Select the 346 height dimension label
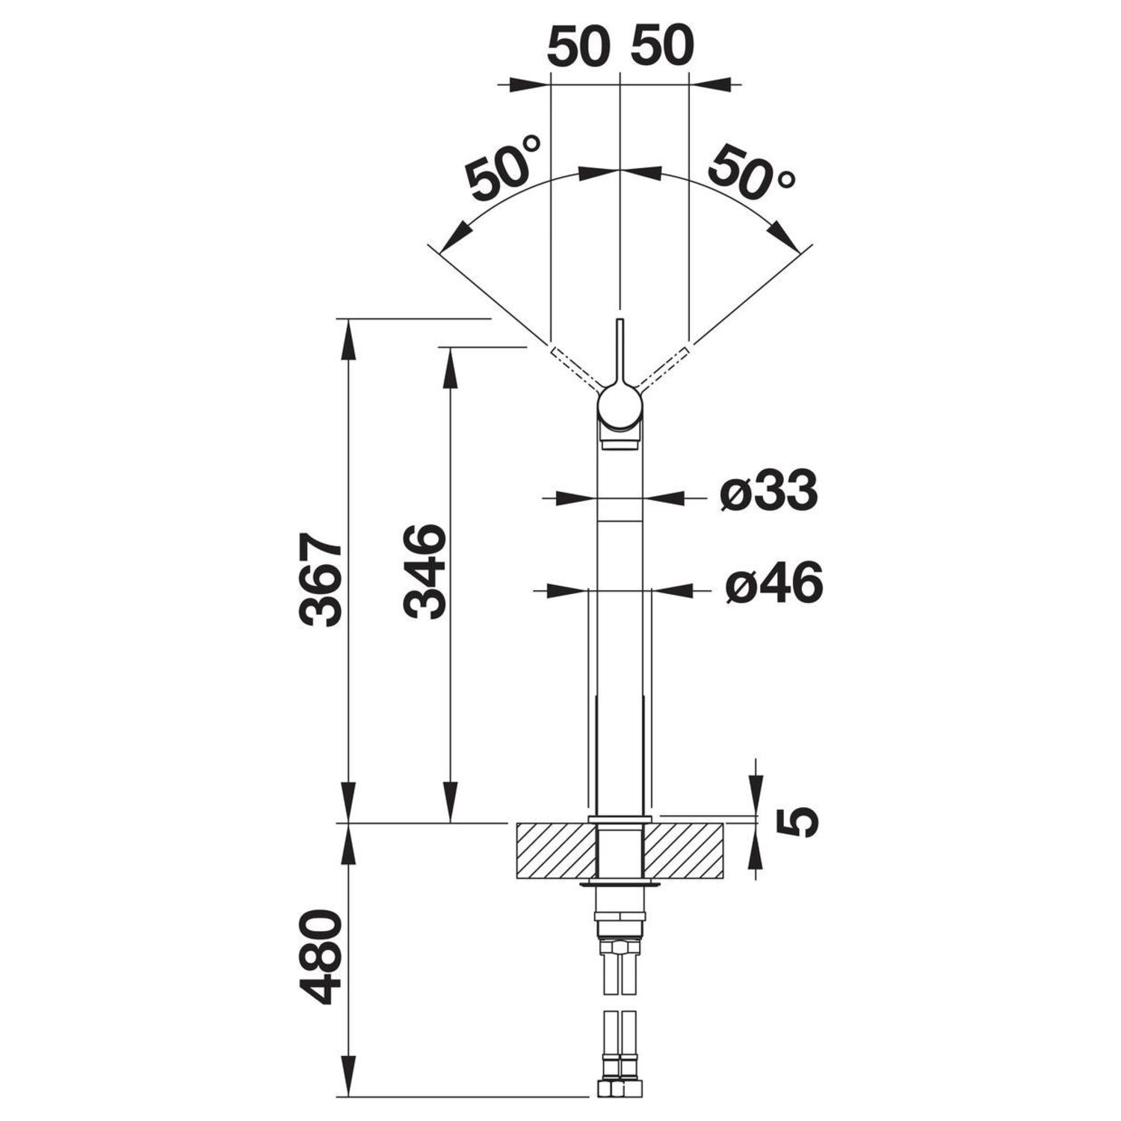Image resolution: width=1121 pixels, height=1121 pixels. pos(424,571)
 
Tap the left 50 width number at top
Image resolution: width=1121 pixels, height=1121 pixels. pos(578,46)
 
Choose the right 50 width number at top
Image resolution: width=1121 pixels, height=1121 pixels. pos(662,46)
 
